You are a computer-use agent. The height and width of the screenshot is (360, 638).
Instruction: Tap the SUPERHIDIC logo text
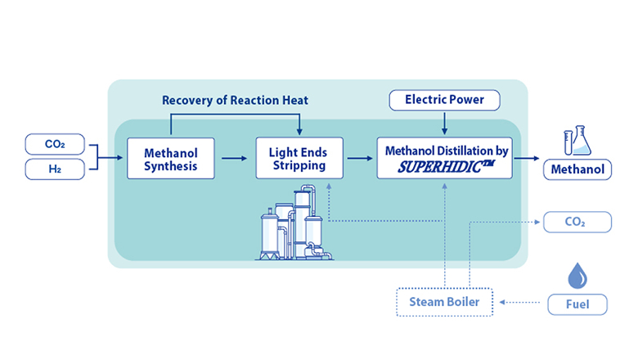(447, 167)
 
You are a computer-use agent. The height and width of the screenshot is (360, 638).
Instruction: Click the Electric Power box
(445, 100)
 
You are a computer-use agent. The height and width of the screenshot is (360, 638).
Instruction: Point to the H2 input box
(56, 169)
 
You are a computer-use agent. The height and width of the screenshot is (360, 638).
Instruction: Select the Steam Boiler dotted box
(445, 304)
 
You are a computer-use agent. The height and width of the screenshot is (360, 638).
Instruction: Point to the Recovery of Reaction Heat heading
(235, 101)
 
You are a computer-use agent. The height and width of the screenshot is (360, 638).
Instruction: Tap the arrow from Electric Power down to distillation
(445, 123)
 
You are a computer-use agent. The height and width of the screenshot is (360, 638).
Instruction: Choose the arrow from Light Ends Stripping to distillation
(359, 159)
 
